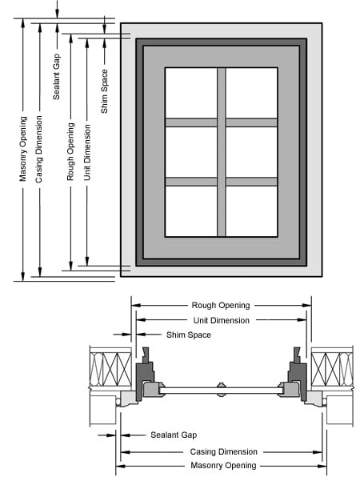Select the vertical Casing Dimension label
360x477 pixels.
point(40,153)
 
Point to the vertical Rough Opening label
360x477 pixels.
point(71,151)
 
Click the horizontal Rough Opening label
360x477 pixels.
point(220,305)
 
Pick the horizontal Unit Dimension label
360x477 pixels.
point(220,320)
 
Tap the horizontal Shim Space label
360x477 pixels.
point(188,335)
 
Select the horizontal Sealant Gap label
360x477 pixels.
point(174,435)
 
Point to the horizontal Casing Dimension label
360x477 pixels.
point(220,451)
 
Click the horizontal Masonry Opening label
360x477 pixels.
point(220,466)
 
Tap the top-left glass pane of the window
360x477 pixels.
point(190,93)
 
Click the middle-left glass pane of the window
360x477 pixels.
point(190,152)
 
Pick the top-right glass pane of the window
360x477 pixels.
point(251,93)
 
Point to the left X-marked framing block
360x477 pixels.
point(111,371)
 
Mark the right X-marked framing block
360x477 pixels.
point(332,371)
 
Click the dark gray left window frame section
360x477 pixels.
point(145,377)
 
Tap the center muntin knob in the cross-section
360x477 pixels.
point(222,385)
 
